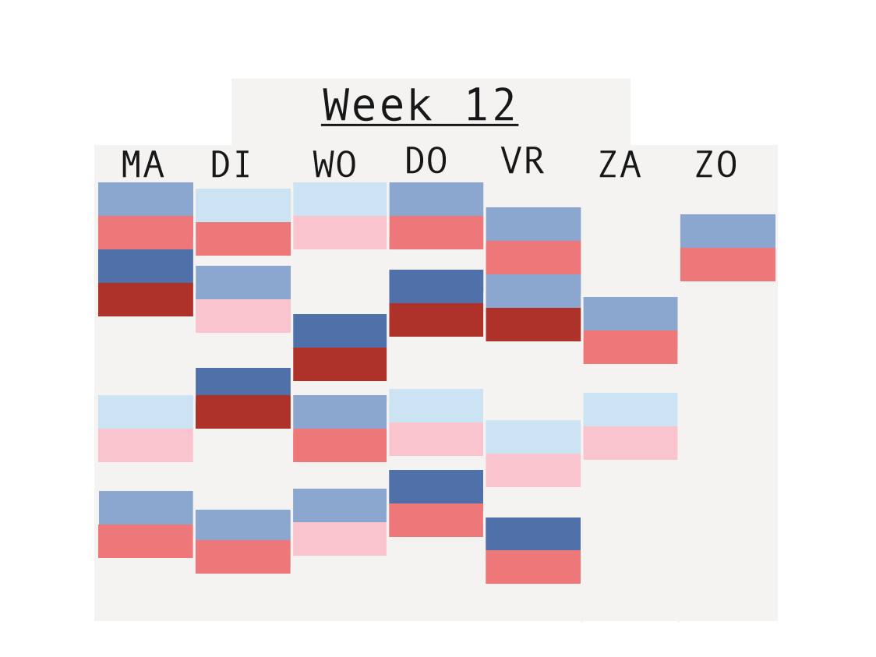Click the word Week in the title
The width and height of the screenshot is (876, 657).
click(x=378, y=104)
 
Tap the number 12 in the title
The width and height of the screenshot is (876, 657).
click(x=490, y=104)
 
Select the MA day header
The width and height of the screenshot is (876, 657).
click(x=143, y=164)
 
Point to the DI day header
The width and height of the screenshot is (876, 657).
click(x=230, y=164)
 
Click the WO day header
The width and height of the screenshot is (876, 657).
click(x=334, y=164)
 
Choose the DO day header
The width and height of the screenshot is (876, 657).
click(x=426, y=161)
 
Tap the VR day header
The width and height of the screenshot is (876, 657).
click(x=522, y=161)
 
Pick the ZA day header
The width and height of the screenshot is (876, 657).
click(x=620, y=164)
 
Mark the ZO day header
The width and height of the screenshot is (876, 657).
click(x=716, y=164)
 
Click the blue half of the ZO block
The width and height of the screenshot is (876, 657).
click(x=727, y=231)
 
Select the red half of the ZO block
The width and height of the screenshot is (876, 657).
click(x=727, y=264)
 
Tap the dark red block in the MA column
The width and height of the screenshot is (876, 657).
click(x=145, y=299)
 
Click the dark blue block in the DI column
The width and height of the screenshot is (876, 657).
click(x=243, y=382)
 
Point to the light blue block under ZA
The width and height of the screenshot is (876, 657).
click(x=631, y=409)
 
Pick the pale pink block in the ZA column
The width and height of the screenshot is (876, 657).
click(x=631, y=443)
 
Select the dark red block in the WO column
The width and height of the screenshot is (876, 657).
click(x=340, y=364)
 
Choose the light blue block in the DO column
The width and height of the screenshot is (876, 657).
click(x=436, y=405)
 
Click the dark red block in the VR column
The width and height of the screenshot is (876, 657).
click(x=533, y=324)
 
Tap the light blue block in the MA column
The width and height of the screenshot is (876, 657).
click(x=145, y=412)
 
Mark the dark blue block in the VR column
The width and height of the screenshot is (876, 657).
click(x=533, y=534)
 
